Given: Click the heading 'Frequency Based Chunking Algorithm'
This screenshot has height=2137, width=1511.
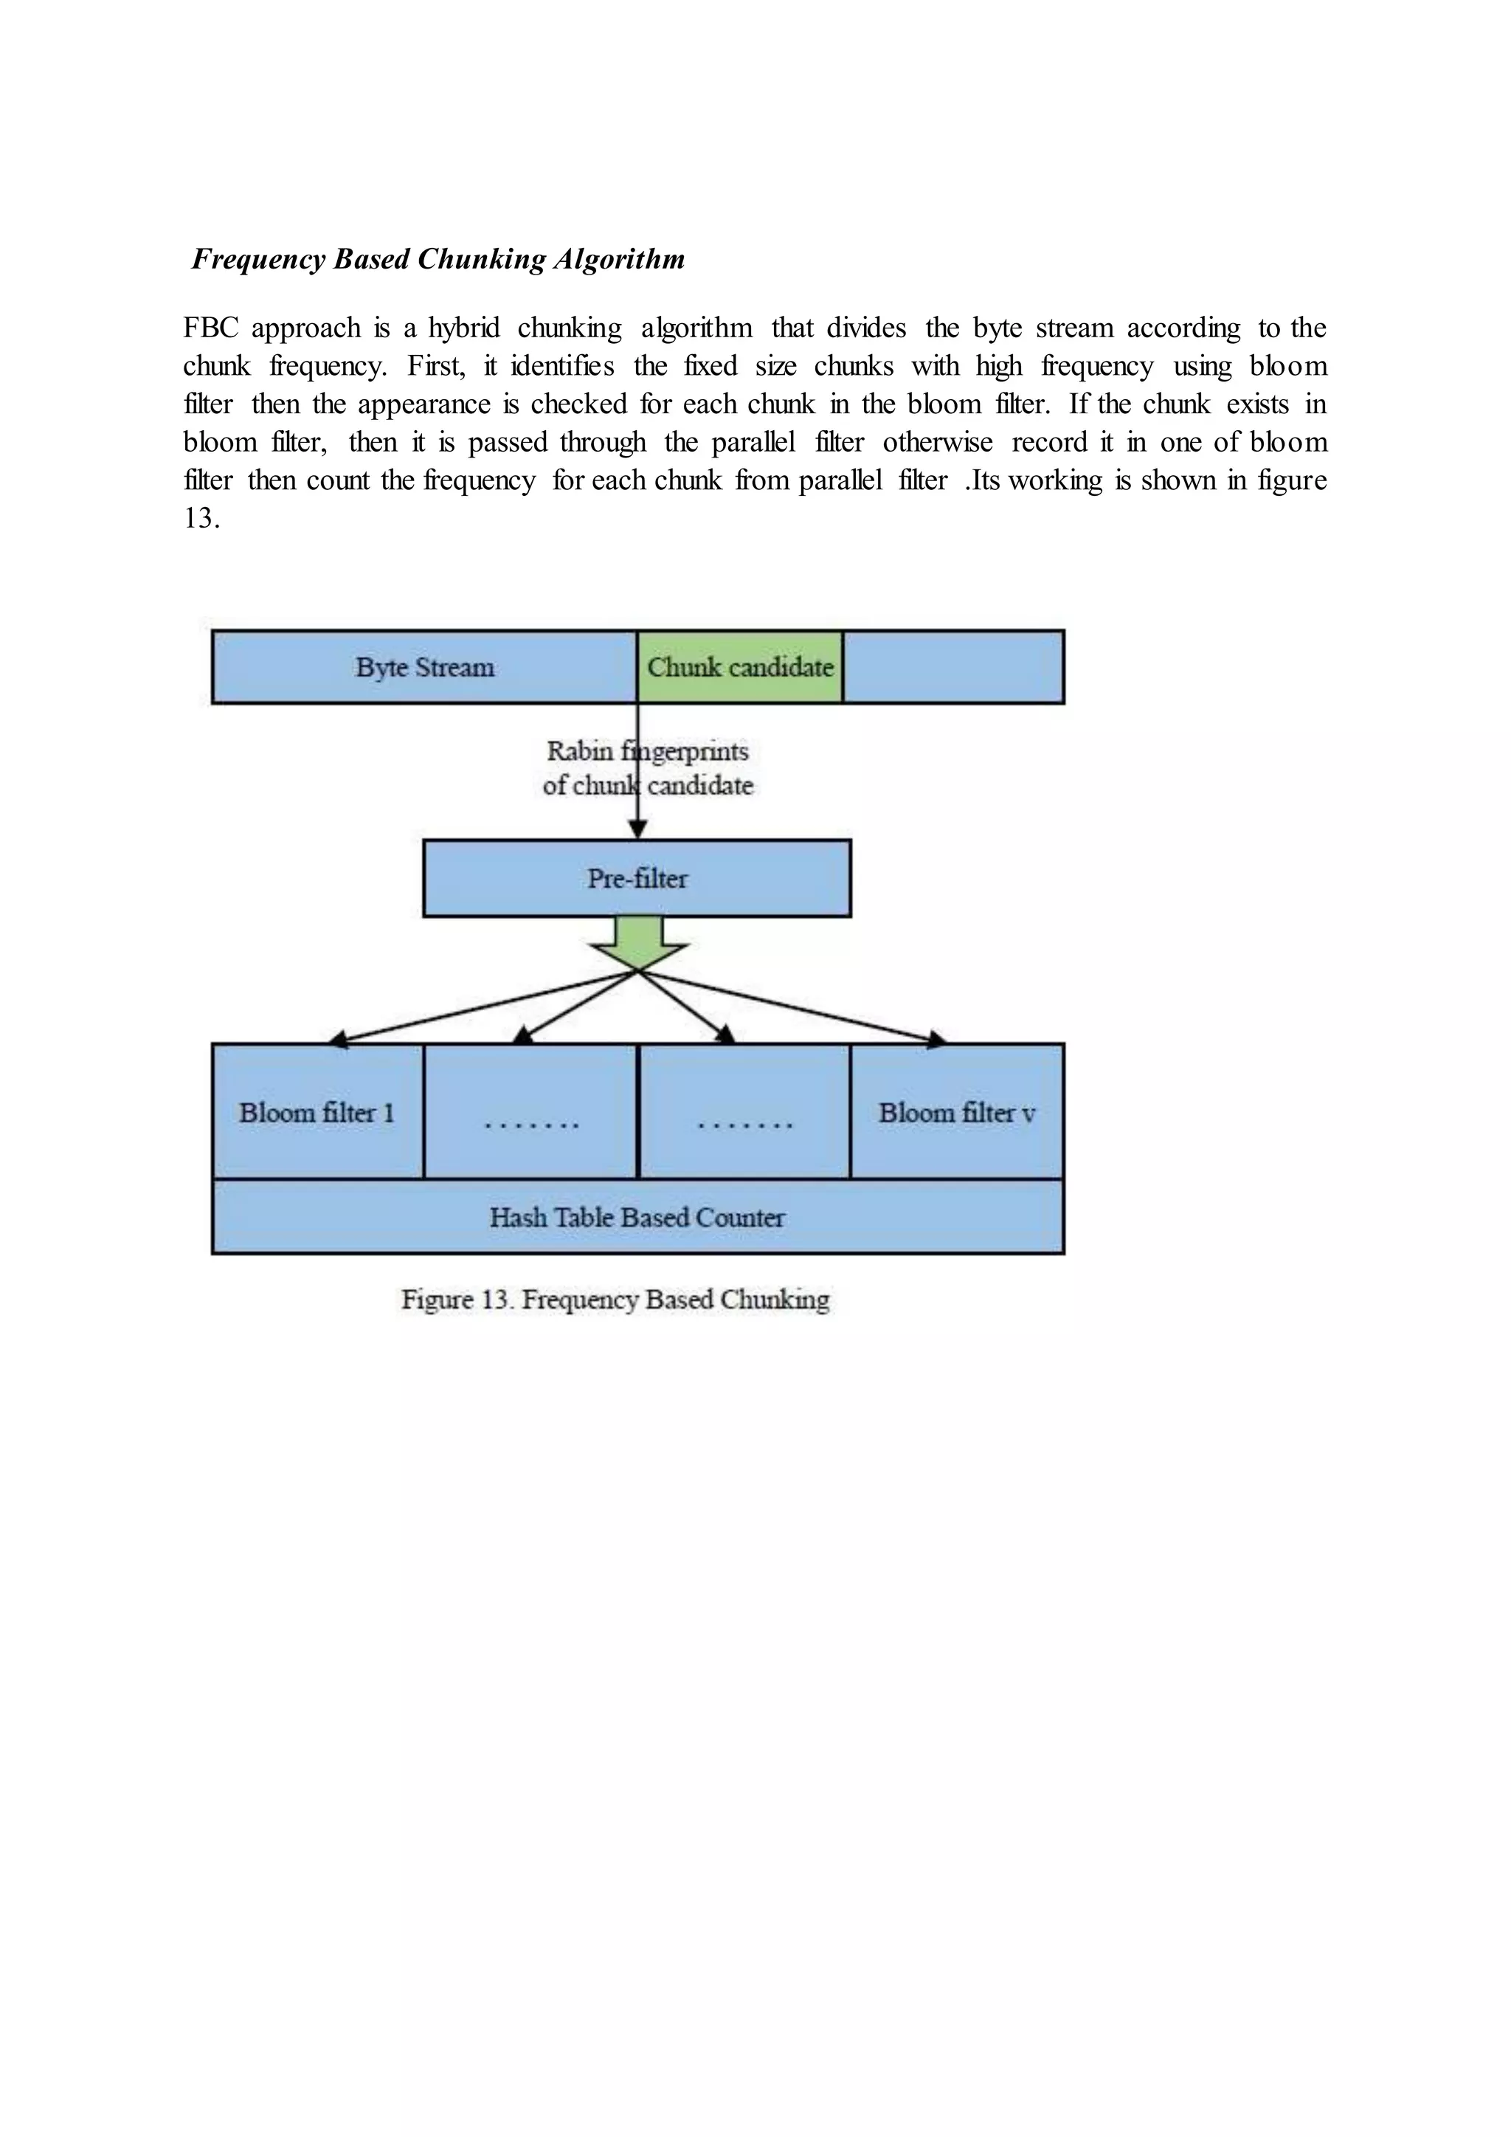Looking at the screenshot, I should click(x=438, y=259).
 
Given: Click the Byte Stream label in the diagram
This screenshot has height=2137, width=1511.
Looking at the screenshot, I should click(x=424, y=667).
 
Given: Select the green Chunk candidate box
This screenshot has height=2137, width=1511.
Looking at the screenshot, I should click(x=740, y=667).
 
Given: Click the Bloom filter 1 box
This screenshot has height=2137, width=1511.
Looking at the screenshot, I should click(x=317, y=1112).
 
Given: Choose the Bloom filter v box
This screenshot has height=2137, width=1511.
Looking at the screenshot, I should click(x=956, y=1112).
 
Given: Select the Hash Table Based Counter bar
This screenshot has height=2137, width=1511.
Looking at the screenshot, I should click(x=637, y=1218).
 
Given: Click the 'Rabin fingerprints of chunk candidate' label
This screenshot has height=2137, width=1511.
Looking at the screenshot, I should click(x=648, y=768).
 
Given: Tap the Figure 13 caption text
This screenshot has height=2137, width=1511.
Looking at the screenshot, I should click(x=615, y=1299).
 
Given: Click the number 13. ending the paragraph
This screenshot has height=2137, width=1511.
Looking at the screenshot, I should click(x=201, y=519).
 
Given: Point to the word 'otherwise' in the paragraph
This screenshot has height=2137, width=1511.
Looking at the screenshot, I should click(x=937, y=442).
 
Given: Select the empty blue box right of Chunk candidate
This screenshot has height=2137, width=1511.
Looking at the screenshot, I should click(x=952, y=667).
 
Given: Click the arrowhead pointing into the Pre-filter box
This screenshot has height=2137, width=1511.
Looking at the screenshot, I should click(x=637, y=831).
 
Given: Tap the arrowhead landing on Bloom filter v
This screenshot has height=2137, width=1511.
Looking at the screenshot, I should click(x=937, y=1040).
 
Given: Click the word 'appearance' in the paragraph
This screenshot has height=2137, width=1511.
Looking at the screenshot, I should click(x=423, y=404).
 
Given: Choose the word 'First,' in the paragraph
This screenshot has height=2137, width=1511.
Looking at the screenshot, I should click(x=435, y=366).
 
